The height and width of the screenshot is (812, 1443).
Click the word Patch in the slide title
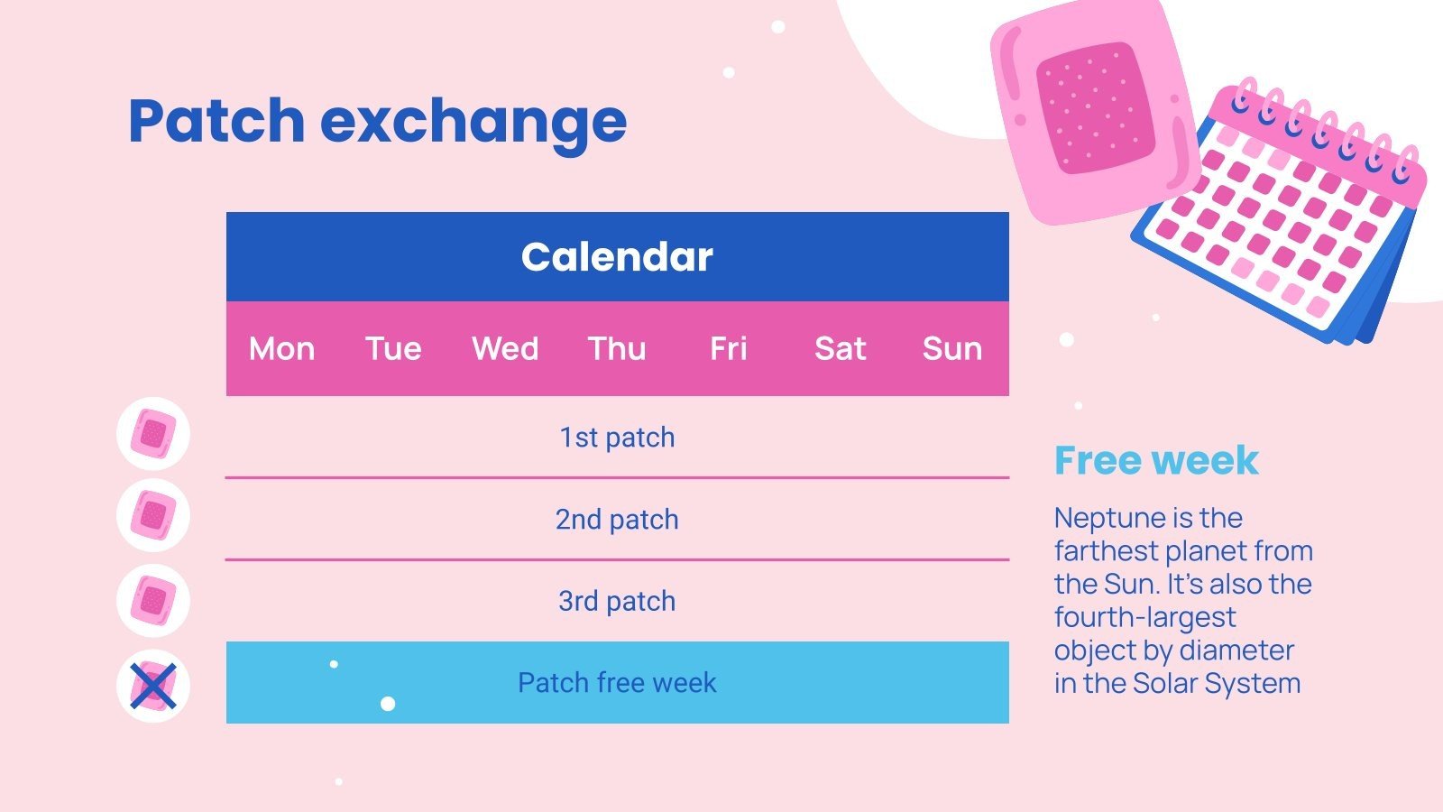216,121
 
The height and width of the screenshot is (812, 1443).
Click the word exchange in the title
473,121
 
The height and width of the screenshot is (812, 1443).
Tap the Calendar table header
617,257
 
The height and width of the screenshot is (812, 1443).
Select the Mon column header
281,348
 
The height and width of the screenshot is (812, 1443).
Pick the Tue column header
393,348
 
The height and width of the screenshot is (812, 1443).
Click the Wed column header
505,348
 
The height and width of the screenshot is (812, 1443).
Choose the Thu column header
617,348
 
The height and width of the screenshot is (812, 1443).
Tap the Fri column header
729,348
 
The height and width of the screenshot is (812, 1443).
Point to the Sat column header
840,348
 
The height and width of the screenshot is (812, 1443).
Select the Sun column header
951,348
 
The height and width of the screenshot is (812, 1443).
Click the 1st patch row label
617,438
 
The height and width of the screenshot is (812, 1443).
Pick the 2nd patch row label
617,520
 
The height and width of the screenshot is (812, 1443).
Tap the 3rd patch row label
617,601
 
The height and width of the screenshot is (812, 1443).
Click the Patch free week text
617,683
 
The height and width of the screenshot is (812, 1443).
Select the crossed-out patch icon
153,686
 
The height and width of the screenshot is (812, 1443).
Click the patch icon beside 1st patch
153,433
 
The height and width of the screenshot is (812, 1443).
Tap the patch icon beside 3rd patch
153,601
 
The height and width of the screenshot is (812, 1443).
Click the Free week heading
1155,461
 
